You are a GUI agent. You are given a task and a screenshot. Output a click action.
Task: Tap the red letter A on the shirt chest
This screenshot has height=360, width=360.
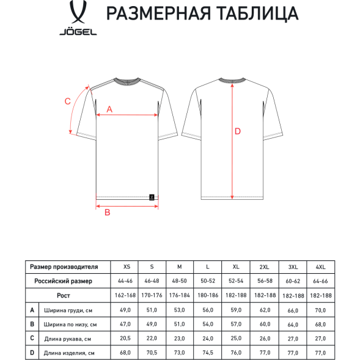point(110,109)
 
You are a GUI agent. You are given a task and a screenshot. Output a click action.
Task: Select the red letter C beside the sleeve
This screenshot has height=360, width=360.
point(68,101)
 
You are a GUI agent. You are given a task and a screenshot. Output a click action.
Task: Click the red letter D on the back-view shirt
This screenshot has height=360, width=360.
point(238,131)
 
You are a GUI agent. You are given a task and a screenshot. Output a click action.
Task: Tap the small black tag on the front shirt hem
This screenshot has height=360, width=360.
point(151,196)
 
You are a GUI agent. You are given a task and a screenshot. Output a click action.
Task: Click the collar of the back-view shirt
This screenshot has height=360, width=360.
point(232,81)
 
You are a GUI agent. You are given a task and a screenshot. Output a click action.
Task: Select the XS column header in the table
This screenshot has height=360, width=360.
point(127,267)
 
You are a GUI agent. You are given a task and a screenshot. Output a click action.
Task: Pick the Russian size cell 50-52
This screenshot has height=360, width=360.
point(208,281)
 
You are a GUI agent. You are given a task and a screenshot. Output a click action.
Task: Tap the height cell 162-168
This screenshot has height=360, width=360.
point(127,295)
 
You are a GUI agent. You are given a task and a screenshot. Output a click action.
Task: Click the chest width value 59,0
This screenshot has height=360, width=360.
point(236,310)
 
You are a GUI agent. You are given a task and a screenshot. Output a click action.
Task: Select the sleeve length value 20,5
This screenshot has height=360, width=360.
point(127,338)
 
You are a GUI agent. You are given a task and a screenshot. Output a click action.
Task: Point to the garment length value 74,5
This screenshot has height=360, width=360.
point(208,352)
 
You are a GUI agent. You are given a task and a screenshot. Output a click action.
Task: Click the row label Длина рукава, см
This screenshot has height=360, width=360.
point(67,338)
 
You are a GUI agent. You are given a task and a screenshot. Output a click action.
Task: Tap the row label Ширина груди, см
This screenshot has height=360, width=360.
point(67,310)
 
